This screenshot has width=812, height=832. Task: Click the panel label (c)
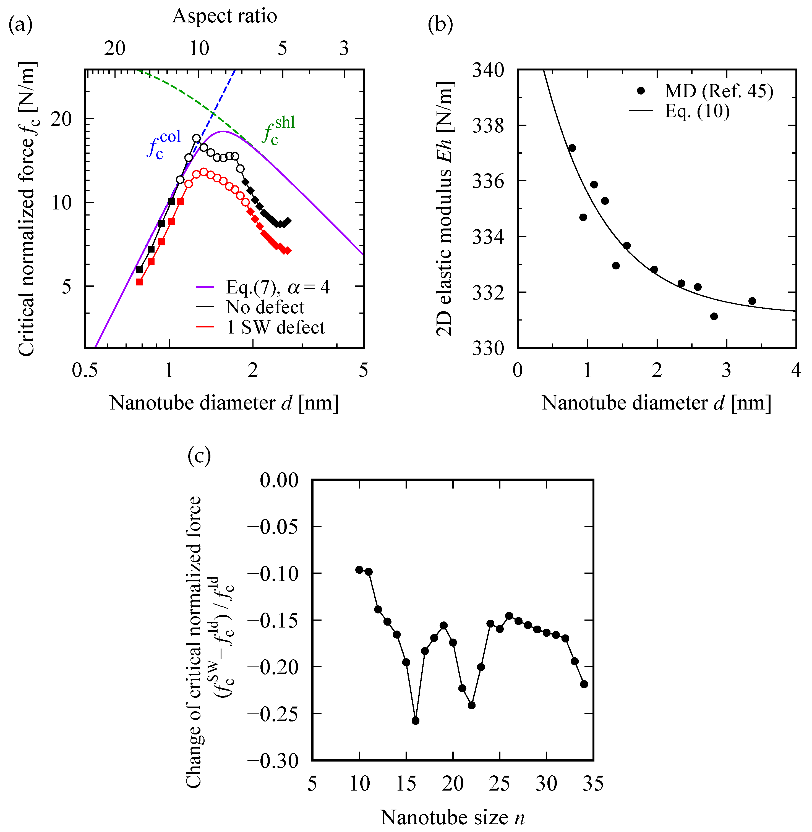coord(199,456)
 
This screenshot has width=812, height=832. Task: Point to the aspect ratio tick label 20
coord(115,48)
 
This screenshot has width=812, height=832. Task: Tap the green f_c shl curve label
coord(278,130)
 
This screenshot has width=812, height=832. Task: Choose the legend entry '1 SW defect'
coord(275,327)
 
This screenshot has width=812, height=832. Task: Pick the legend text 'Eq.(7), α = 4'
coord(277,287)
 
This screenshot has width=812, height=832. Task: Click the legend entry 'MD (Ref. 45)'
coord(719,91)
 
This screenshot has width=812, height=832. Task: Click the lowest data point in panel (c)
coord(415,721)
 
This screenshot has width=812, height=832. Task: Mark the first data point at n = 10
coord(359,570)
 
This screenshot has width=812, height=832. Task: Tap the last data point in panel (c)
coord(584,684)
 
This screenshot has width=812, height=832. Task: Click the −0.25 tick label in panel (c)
coord(273,713)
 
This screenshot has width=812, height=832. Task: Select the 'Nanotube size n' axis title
coord(452,817)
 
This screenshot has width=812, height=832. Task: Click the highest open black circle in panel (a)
coord(196,138)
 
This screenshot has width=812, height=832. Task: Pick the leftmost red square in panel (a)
coord(139,282)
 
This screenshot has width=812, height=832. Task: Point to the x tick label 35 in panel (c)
coord(592,783)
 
